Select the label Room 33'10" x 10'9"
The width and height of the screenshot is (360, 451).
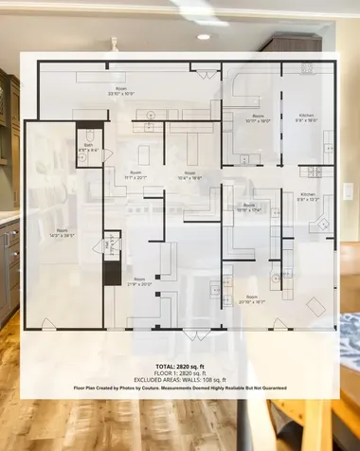coord(120,92)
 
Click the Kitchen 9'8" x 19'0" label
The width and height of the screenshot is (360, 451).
coord(307,117)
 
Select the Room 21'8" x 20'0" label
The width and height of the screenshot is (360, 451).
coord(139,281)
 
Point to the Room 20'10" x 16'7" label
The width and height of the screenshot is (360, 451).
coord(251,298)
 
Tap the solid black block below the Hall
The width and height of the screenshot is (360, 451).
coord(112,275)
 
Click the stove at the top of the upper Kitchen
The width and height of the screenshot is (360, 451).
coord(307,68)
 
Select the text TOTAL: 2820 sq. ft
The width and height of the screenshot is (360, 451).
coord(180,365)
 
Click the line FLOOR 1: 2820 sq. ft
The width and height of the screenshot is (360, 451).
coord(180,372)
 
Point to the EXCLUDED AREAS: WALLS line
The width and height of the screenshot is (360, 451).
coord(180,380)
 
